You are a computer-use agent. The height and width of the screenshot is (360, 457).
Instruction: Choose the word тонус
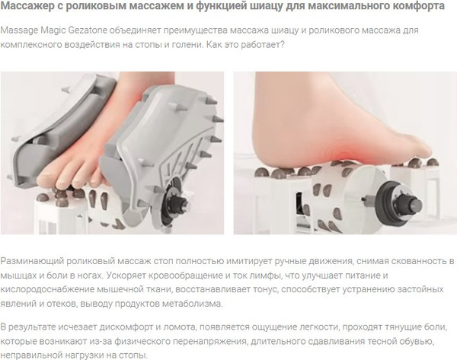[x=292, y=290]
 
